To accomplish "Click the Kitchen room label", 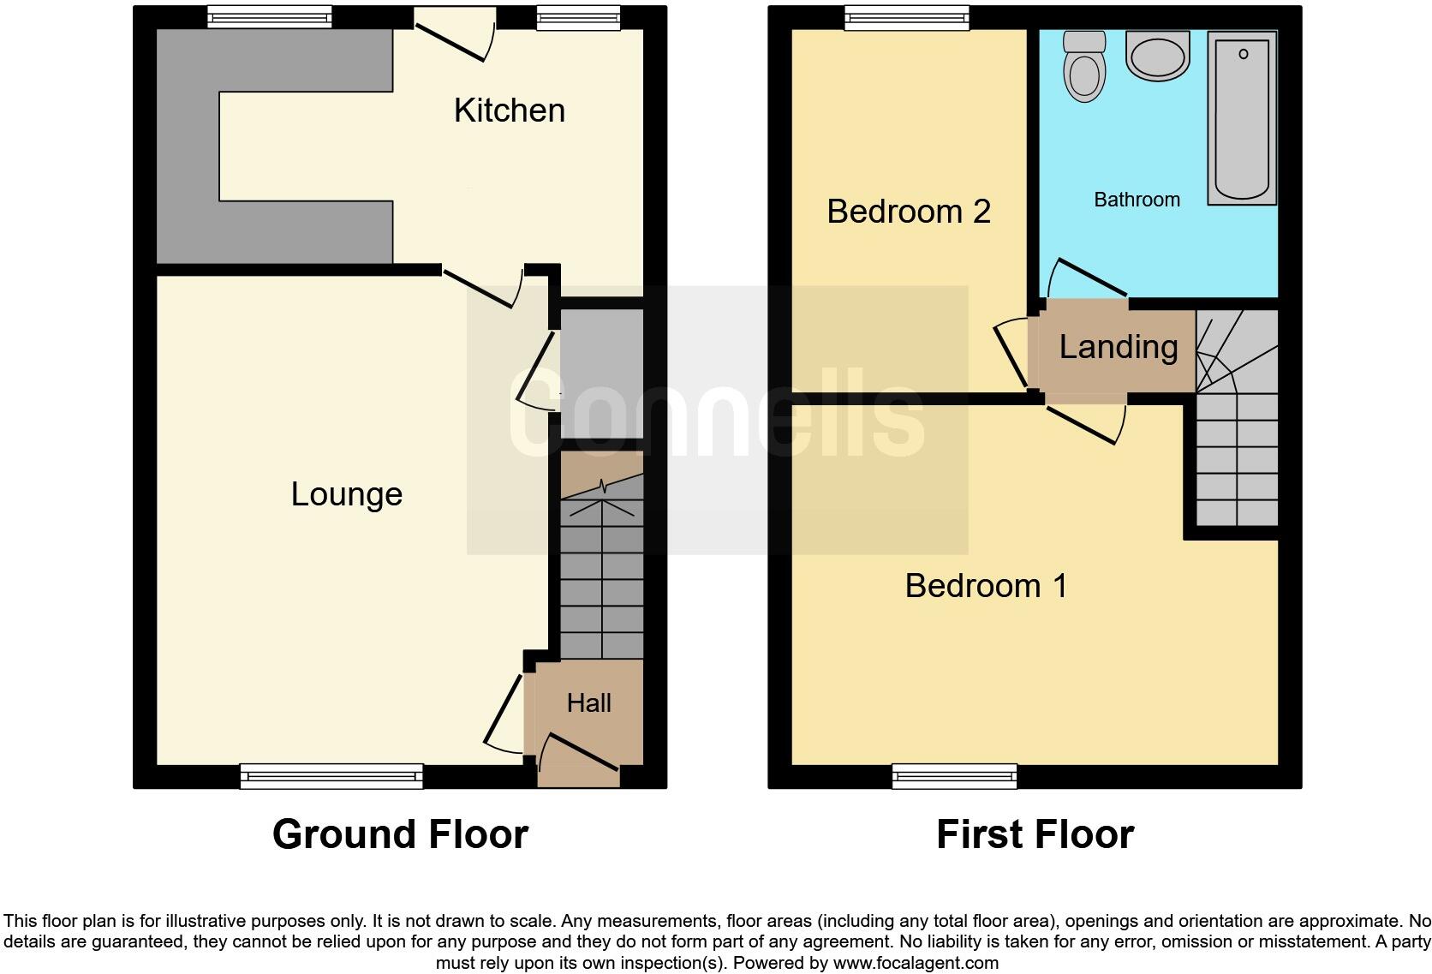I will (509, 111).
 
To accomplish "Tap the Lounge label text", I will (346, 494).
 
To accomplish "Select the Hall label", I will (588, 703).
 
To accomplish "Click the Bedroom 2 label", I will (908, 212).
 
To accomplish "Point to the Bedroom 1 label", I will (986, 586).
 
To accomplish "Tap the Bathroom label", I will (1137, 200).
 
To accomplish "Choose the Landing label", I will (1119, 347).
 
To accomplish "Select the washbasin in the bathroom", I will (1158, 57).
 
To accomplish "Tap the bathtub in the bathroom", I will (1242, 118).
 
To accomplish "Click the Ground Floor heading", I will (400, 834).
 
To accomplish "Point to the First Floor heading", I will (1035, 834).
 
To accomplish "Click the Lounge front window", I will (331, 776).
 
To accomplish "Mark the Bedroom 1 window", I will (954, 776).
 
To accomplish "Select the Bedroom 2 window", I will (907, 17).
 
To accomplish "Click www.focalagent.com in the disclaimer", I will (915, 963).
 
